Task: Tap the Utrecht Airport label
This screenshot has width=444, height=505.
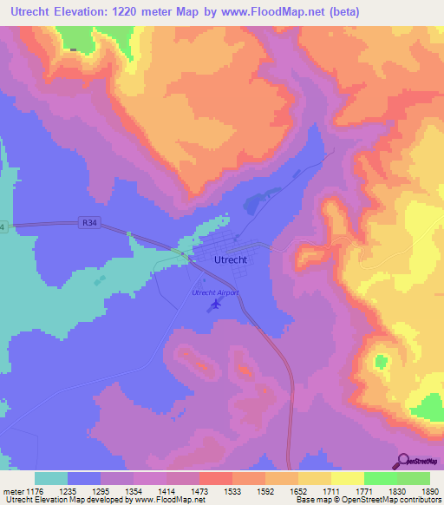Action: point(214,292)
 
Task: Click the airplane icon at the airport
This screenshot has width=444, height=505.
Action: point(216,304)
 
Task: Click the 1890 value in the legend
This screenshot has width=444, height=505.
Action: point(428,490)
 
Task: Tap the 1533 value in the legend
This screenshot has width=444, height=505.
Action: point(232,490)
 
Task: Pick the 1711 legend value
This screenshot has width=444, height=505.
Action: point(330,490)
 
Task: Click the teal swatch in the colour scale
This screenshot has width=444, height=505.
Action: point(51,478)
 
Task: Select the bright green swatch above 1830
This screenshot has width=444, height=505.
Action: point(380,478)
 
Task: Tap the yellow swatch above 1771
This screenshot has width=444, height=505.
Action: point(347,478)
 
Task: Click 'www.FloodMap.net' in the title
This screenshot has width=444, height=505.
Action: point(277,12)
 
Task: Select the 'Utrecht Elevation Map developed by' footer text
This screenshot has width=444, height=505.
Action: point(63,500)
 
